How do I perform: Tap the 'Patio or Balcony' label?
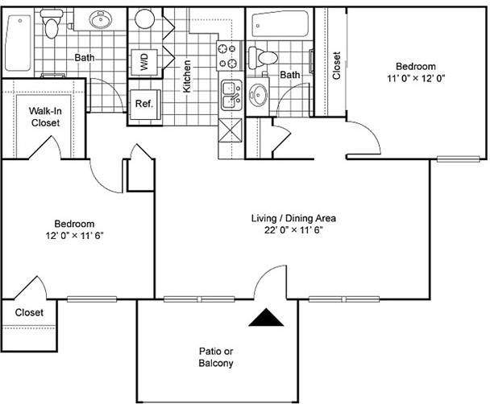pos(215,357)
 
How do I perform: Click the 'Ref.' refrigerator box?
pos(144,104)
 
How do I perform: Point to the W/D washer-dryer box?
pos(145,63)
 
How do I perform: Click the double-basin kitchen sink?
pos(230,95)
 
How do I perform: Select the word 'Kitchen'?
pos(187,76)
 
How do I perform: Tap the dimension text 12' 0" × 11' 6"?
pos(74,237)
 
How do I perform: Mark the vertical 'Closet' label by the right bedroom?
pos(336,66)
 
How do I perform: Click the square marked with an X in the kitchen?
pos(230,130)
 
